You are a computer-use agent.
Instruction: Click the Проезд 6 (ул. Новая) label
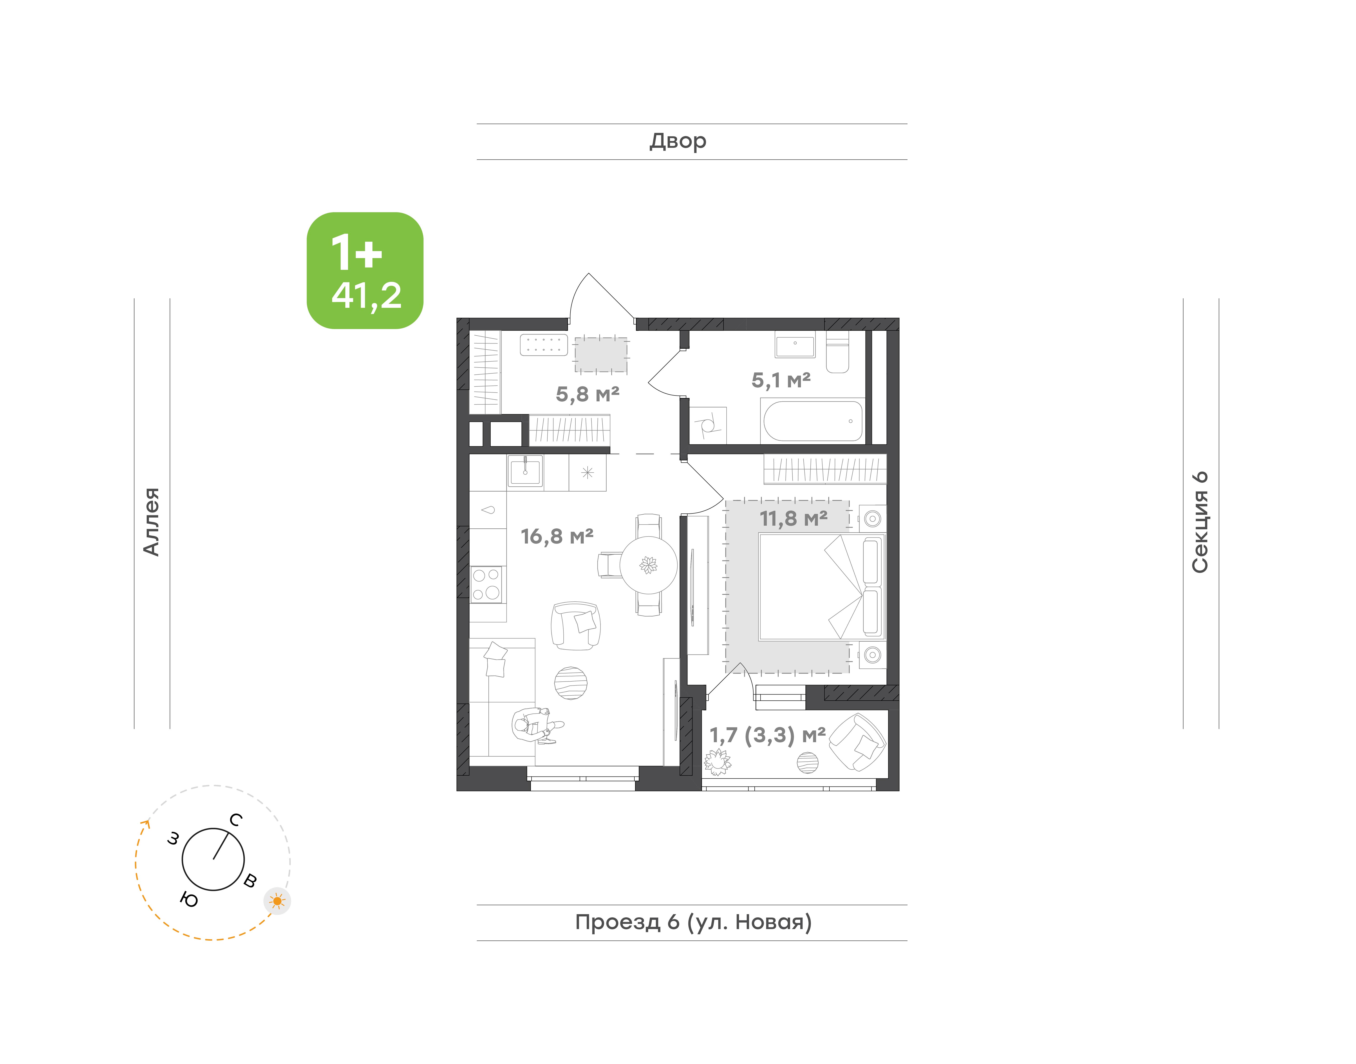693,922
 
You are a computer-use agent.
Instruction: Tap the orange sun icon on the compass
277,901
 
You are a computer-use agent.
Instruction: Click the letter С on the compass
235,820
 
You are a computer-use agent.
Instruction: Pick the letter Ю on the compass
189,899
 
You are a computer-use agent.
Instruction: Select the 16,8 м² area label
557,536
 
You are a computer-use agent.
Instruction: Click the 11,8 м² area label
793,518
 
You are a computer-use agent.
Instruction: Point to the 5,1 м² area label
781,380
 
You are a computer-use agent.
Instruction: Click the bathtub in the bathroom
813,421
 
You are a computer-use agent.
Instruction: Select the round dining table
648,565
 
